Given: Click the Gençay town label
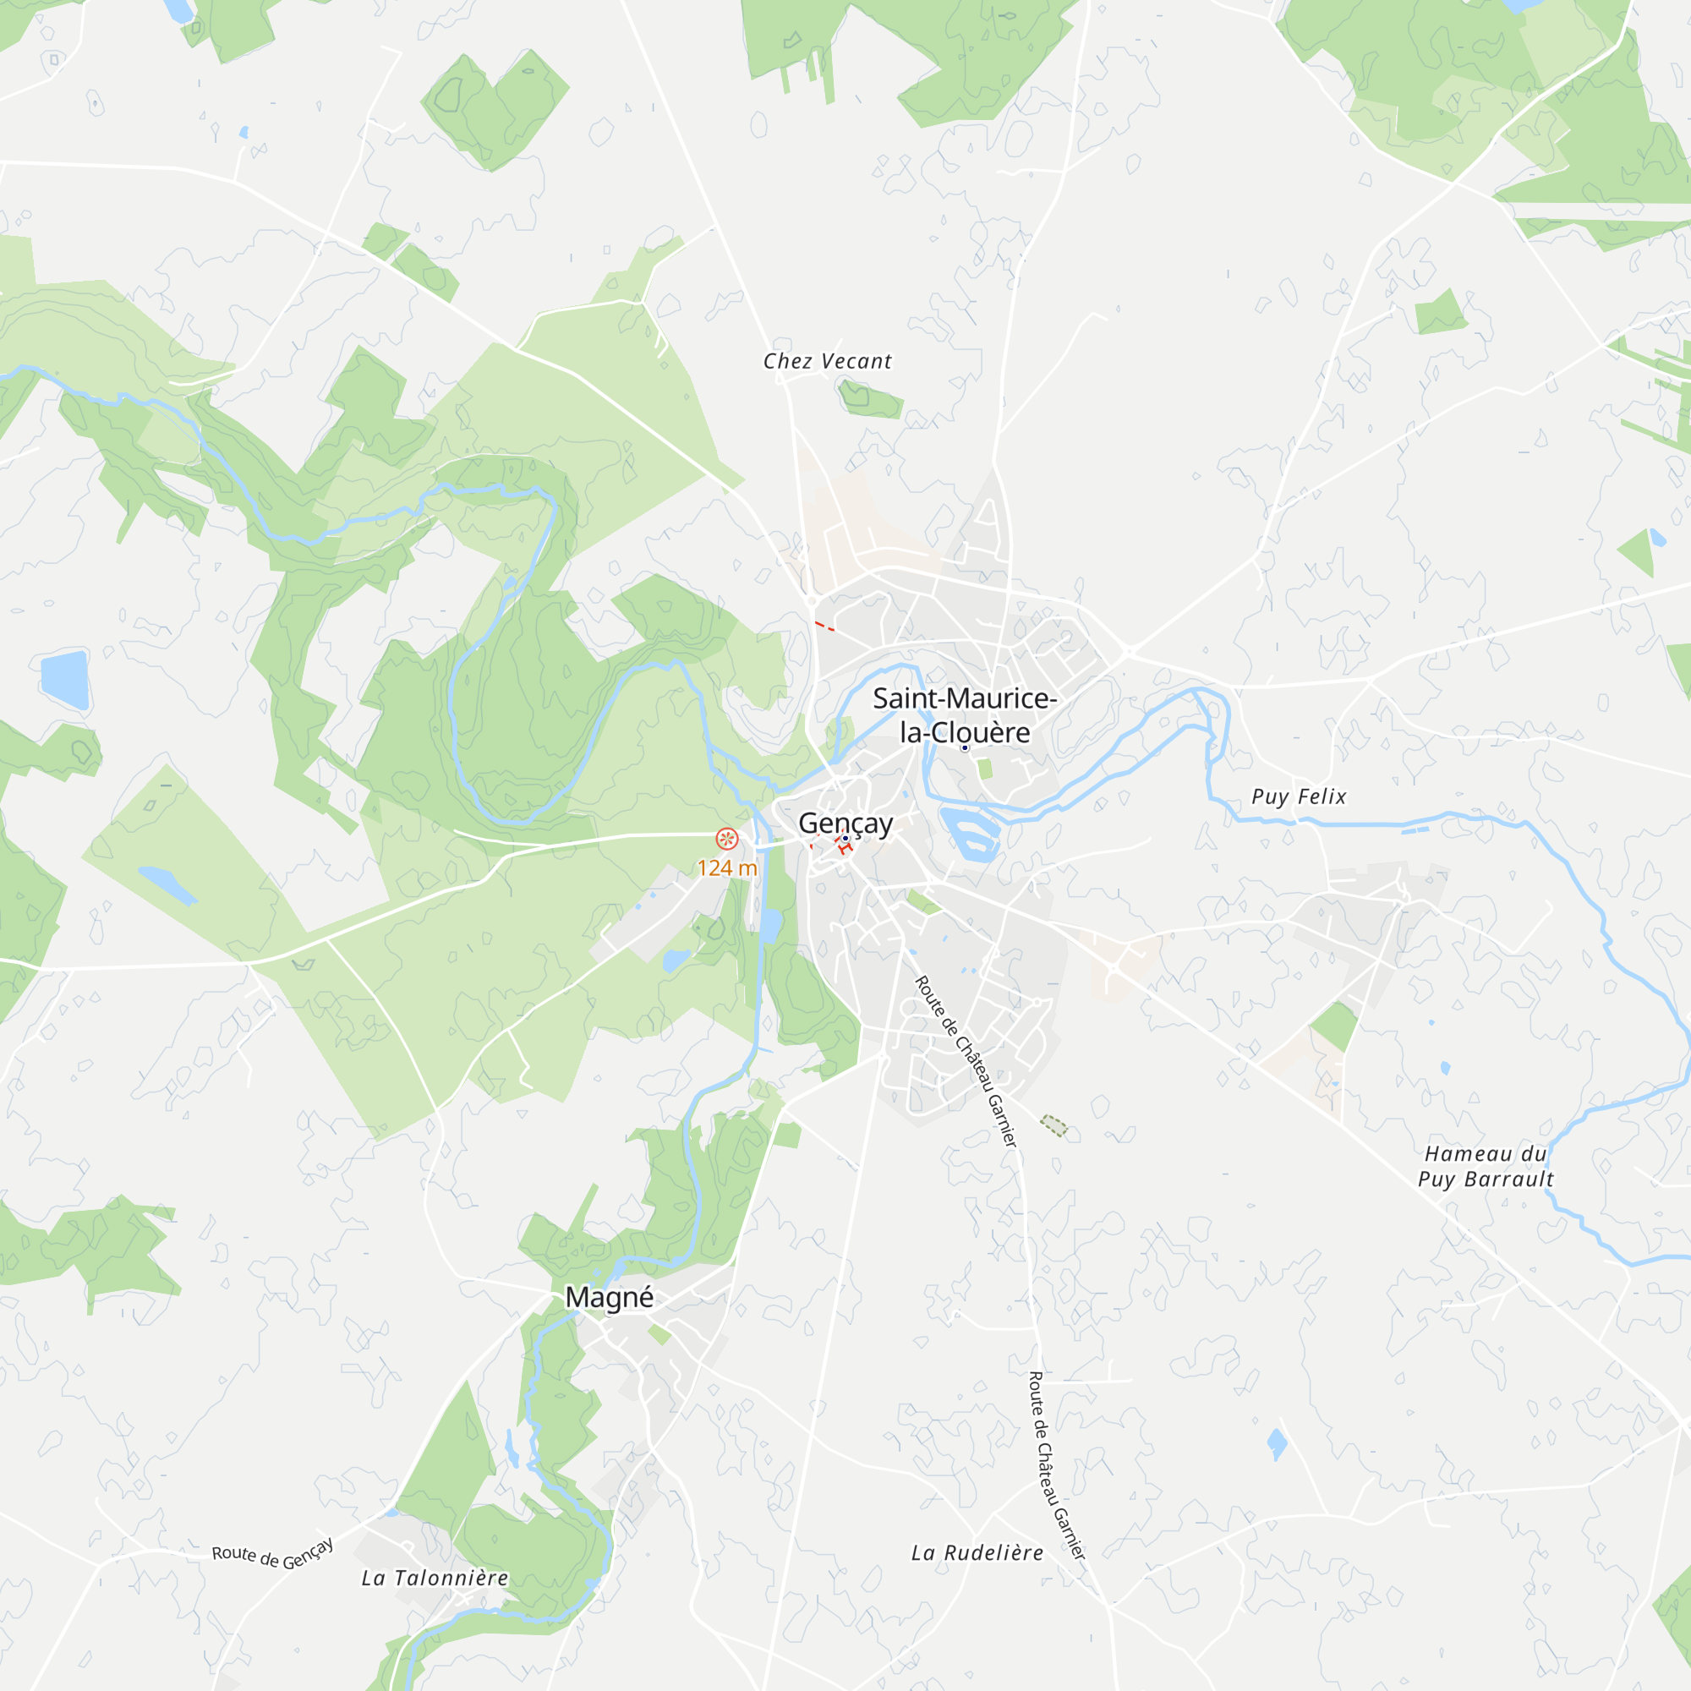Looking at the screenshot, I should pos(845,824).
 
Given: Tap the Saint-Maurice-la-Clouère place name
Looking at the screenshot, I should pos(965,715).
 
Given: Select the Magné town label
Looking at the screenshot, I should pos(609,1297).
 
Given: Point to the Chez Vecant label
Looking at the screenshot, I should pos(827,362).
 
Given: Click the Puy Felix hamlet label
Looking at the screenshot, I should pos(1299,796).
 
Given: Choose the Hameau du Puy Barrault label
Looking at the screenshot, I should pos(1486,1167).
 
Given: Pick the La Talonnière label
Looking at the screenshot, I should pos(435,1578).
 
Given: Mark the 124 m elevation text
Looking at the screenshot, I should pos(726,868).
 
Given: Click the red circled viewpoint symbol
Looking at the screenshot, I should pos(726,839).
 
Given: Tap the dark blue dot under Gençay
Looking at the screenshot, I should pos(845,839).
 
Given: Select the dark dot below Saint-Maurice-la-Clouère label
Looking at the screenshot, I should pos(965,747).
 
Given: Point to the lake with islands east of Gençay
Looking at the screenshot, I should pos(970,834).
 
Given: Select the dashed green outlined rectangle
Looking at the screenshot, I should pos(1053,1125).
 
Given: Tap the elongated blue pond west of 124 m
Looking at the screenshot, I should pos(167,885).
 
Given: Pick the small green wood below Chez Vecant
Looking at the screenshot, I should pos(869,399).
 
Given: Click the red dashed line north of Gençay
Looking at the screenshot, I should pos(824,626).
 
